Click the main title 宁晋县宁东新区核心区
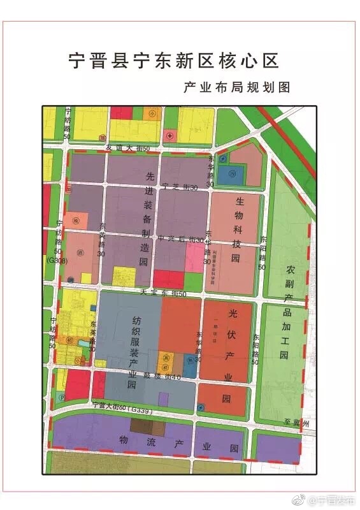[173, 61]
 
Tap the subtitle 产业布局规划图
[236, 88]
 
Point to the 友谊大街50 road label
[127, 148]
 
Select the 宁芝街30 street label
[180, 186]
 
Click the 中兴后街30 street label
[180, 240]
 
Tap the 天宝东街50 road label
[164, 293]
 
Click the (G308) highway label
[57, 260]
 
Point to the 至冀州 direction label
[296, 423]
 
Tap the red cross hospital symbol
[169, 135]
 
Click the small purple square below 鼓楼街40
[164, 398]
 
